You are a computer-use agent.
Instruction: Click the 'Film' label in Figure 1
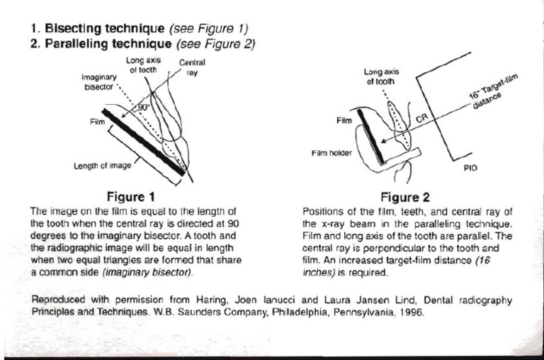pyautogui.click(x=97, y=121)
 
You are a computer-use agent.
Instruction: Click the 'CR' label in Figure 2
pyautogui.click(x=420, y=122)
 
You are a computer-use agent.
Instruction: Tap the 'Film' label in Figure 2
pyautogui.click(x=344, y=120)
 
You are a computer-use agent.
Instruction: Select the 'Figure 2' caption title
pyautogui.click(x=404, y=196)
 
